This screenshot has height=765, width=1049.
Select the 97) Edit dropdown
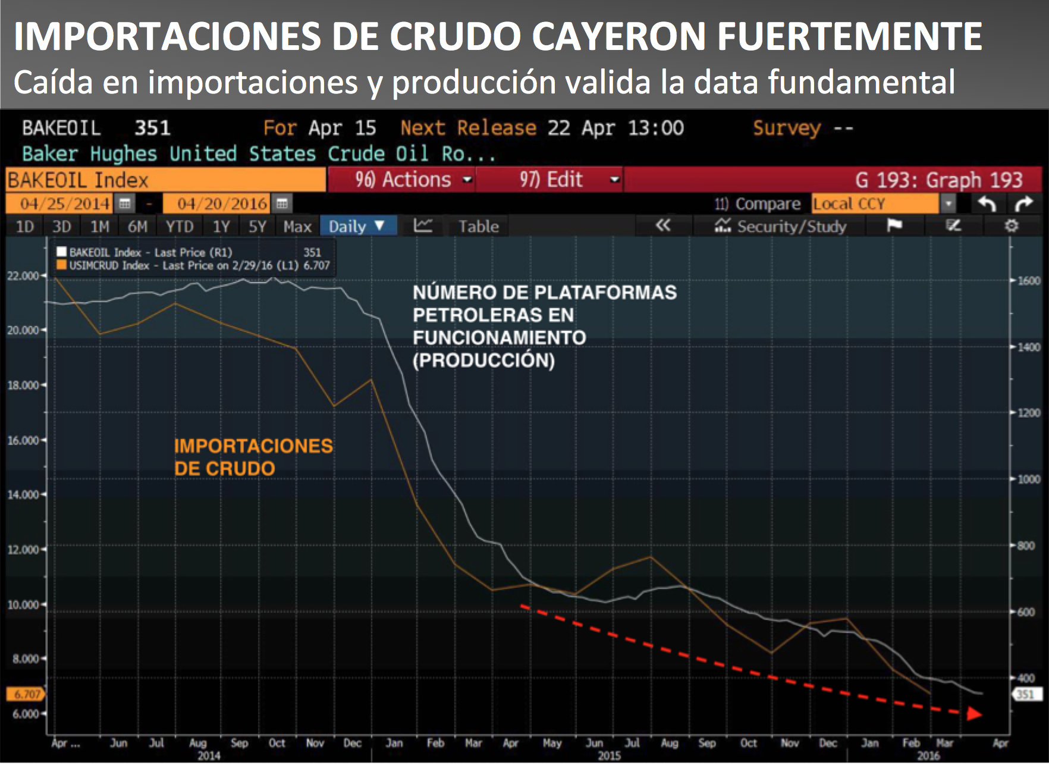pos(550,180)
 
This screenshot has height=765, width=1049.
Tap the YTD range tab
pos(179,227)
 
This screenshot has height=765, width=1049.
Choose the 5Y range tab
pos(257,227)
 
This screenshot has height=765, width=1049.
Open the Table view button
pos(478,227)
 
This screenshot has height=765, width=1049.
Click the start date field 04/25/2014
pos(65,204)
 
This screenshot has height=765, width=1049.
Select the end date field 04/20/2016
pos(222,204)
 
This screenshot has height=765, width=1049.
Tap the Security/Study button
pos(781,227)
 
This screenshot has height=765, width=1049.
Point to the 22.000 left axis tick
pos(23,276)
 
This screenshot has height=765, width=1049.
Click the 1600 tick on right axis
pos(1028,281)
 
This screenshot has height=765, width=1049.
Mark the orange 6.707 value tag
pos(26,694)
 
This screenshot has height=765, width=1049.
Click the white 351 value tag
pos(1025,694)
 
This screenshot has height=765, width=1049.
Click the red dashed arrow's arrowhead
pos(973,713)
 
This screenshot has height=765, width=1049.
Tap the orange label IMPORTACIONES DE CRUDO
pos(253,457)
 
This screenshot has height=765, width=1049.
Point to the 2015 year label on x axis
pos(609,755)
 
